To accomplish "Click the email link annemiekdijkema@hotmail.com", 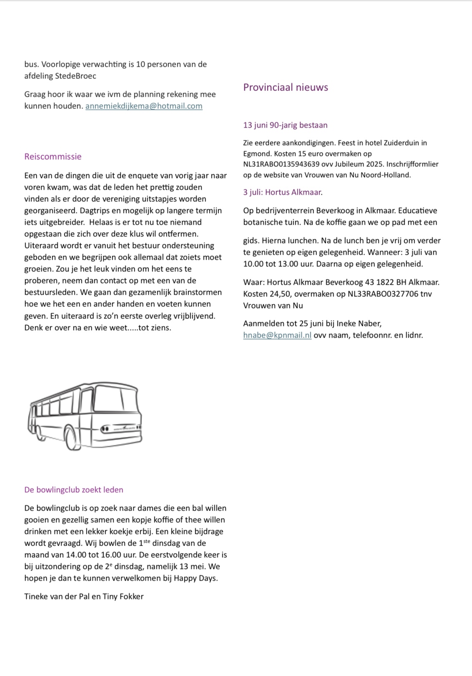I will coord(144,106).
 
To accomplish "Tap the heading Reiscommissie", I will coord(53,157).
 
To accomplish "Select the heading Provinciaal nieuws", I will coord(286,88).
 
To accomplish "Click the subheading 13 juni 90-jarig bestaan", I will coord(285,125).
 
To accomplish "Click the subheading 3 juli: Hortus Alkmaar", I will coord(283,192).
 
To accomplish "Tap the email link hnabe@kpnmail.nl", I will coord(277,335).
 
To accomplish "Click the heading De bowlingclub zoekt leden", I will coord(74,490).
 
